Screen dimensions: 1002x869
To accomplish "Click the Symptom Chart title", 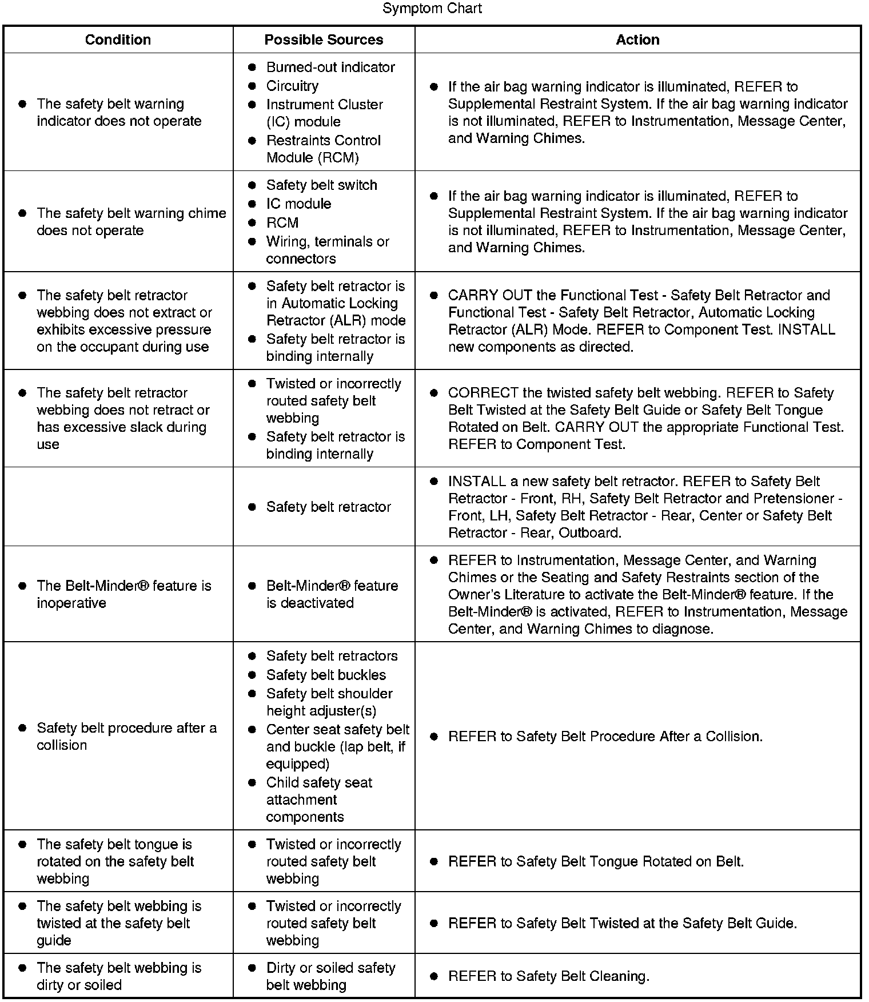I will point(432,9).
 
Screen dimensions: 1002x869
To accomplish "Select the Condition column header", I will point(118,39).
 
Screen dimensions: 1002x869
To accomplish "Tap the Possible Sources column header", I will point(324,39).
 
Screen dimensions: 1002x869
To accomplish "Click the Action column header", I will point(637,39).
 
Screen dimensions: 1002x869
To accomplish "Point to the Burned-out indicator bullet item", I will point(330,67).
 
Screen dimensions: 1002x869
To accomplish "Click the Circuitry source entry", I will point(292,86).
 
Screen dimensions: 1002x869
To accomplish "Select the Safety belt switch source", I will point(321,185).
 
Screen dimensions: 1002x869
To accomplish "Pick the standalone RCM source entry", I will point(282,222).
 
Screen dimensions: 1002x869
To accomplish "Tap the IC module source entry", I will point(298,204).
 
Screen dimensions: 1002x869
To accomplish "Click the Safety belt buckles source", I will point(326,675).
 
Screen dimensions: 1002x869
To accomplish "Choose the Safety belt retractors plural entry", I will point(332,656).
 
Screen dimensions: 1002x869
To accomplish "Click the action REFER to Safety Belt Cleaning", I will point(548,976).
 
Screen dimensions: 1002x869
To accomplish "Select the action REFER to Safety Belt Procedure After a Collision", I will point(605,736).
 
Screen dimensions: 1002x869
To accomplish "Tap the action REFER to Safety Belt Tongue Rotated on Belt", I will point(596,861).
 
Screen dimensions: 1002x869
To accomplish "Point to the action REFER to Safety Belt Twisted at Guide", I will point(622,923).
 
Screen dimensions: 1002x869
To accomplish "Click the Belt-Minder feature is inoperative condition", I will point(123,594).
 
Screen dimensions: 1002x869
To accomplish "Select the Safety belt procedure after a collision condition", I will point(126,736).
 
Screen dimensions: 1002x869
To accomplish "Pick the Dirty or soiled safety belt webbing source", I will point(330,976).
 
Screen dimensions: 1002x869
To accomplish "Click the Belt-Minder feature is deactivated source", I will point(332,594).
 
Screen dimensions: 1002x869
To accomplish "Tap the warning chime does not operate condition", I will point(131,222).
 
